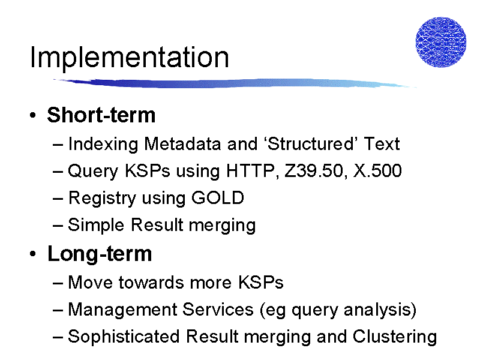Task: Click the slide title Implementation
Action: coord(130,58)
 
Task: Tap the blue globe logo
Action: coord(441,42)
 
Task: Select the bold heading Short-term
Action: coord(101,115)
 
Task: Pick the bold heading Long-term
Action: coord(100,254)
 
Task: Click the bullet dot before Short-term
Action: coord(33,115)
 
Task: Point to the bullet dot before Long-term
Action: coord(33,254)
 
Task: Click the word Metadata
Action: coord(182,143)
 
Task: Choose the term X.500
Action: coord(377,170)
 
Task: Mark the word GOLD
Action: coord(218,198)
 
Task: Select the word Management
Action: coord(123,310)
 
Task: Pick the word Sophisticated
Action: coord(124,337)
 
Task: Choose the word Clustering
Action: coord(395,337)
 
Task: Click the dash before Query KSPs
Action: coord(58,171)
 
